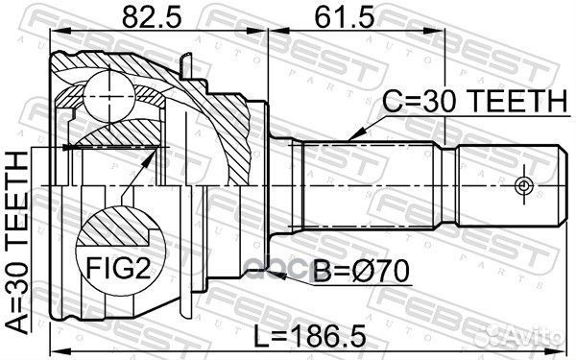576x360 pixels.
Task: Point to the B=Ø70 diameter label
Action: click(361, 276)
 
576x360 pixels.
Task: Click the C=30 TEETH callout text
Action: click(461, 99)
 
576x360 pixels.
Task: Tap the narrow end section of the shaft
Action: click(509, 182)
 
